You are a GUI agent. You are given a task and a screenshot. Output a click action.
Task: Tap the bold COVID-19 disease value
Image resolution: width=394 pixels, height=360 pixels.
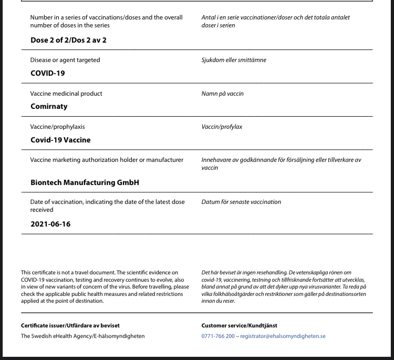click(x=48, y=73)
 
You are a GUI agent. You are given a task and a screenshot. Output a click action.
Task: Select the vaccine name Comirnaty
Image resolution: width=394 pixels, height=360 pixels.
click(x=49, y=106)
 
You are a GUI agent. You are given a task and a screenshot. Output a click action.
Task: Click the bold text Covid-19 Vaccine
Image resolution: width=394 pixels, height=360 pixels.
click(x=60, y=140)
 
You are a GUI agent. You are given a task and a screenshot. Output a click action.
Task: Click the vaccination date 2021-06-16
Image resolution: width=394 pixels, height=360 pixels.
click(x=50, y=224)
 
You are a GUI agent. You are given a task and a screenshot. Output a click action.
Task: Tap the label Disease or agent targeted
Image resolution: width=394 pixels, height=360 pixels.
click(x=65, y=60)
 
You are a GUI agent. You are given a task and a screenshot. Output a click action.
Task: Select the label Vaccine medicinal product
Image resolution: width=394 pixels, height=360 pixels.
click(x=66, y=94)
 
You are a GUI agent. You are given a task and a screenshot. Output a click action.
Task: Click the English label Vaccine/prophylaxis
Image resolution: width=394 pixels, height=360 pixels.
click(x=57, y=127)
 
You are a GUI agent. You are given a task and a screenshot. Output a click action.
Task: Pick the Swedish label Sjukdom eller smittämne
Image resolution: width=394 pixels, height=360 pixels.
click(x=234, y=60)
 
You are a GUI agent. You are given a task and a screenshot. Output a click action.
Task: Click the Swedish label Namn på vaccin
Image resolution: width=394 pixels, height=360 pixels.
click(x=222, y=94)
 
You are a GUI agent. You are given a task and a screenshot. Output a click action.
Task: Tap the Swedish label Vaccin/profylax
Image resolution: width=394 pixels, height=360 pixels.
click(x=222, y=127)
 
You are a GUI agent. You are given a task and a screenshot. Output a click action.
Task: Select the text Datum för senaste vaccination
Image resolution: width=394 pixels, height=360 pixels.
click(x=241, y=202)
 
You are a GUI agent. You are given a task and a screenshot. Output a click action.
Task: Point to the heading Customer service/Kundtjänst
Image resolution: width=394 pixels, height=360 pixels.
click(x=239, y=325)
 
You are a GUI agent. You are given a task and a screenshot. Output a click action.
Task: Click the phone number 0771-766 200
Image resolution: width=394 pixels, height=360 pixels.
click(x=218, y=336)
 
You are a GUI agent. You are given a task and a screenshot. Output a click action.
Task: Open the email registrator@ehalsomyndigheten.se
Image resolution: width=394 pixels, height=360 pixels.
click(x=283, y=336)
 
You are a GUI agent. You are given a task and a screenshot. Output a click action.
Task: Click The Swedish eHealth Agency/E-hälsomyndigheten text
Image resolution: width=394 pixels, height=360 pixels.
click(x=82, y=336)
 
